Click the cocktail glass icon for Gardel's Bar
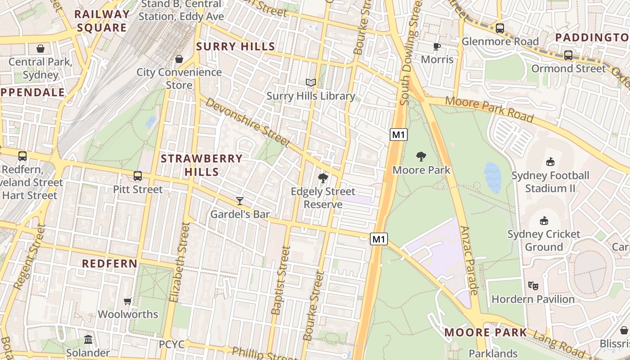(x=240, y=201)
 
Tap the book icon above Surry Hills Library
(x=311, y=82)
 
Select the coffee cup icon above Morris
(x=436, y=46)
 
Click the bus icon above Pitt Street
(x=138, y=176)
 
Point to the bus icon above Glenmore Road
(x=499, y=28)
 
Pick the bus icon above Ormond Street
(x=568, y=55)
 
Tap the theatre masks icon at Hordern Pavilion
(x=533, y=285)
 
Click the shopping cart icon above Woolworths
(x=128, y=301)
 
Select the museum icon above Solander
(x=88, y=339)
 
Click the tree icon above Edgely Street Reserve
(x=323, y=178)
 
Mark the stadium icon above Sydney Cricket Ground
(x=544, y=220)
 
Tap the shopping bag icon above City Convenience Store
(x=179, y=59)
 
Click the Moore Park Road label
(x=489, y=109)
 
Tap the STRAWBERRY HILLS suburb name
(x=202, y=165)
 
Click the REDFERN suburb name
(x=110, y=263)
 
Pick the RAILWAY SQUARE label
(x=102, y=21)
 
